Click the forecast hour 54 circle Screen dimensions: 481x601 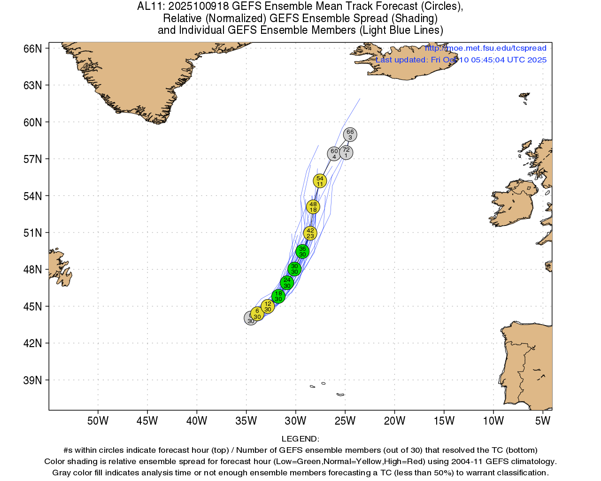pos(320,181)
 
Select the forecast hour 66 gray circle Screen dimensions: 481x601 pos(350,135)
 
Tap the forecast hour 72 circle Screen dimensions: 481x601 pos(346,153)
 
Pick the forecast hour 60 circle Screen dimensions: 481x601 pos(334,154)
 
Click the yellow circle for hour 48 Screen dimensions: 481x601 pos(313,207)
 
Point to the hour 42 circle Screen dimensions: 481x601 pos(310,233)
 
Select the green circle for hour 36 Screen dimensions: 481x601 pos(302,251)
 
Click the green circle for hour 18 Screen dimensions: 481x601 pos(278,296)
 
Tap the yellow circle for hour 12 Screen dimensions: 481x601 pos(268,307)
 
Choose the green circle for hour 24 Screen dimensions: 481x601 pos(287,283)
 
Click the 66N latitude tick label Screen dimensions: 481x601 pos(32,49)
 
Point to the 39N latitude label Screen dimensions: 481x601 pos(32,380)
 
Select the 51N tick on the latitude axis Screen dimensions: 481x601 pos(32,233)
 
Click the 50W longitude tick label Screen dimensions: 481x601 pos(98,421)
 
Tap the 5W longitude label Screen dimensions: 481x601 pos(542,421)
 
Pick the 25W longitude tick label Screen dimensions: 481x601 pos(345,421)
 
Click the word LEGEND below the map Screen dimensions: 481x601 pos(300,439)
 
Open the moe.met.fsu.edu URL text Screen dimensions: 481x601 pos(485,48)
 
